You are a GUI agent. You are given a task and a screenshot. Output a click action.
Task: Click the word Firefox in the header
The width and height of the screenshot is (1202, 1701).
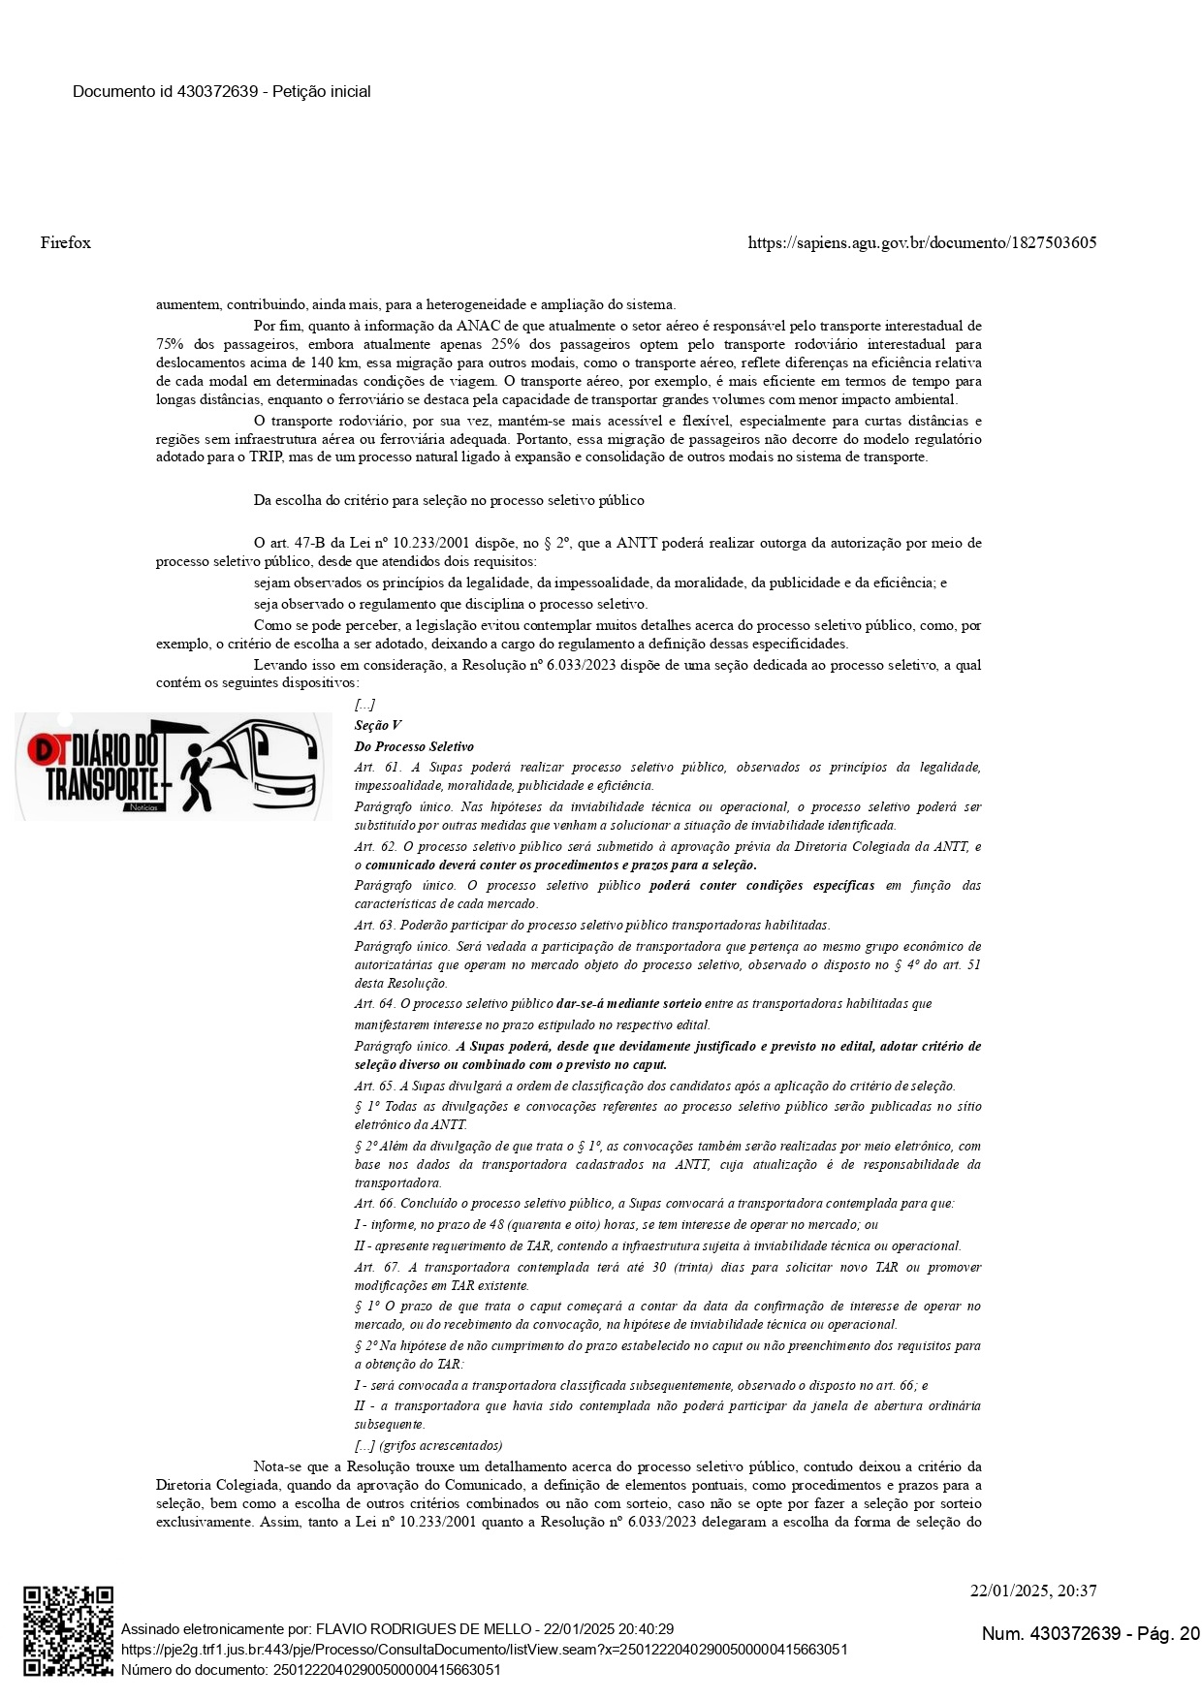click(66, 242)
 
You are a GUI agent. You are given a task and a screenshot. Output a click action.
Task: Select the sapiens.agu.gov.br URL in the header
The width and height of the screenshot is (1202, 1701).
click(922, 242)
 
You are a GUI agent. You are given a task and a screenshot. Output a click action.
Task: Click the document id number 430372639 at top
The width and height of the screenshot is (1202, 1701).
click(218, 91)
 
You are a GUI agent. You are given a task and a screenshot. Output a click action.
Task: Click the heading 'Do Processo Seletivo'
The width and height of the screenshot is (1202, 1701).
click(414, 746)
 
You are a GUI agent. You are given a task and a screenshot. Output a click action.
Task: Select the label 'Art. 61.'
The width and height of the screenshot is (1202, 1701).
click(377, 767)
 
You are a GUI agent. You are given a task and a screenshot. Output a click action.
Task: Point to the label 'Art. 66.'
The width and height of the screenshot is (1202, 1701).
click(376, 1203)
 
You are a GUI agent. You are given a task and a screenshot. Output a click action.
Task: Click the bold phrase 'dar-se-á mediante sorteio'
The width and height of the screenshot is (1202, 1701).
click(629, 1003)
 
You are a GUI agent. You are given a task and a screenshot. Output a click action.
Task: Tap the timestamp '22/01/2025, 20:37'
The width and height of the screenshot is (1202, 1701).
click(1033, 1591)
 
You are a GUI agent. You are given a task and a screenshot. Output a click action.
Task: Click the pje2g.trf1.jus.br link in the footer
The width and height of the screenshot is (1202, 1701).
click(485, 1649)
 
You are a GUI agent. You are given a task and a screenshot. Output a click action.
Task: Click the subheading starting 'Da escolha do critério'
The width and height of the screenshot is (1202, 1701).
click(449, 500)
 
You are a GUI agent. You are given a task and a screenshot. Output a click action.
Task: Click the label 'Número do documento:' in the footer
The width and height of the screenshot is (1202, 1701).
click(195, 1669)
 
